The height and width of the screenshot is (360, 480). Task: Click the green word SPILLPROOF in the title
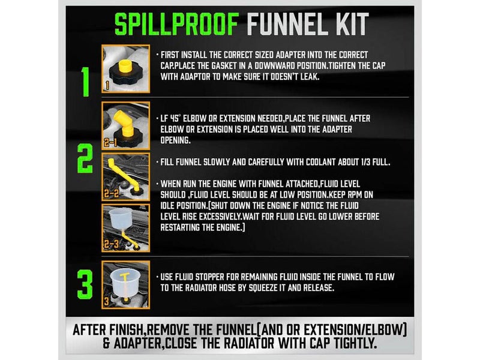click(176, 24)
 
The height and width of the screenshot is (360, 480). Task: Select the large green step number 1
click(85, 82)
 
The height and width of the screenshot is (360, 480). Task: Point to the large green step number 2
click(85, 158)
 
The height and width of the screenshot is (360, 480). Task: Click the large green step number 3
click(85, 284)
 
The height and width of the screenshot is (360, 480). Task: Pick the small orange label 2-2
click(111, 193)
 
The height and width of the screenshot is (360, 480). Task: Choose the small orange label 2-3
click(111, 244)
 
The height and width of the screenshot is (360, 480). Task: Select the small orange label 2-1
click(110, 143)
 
